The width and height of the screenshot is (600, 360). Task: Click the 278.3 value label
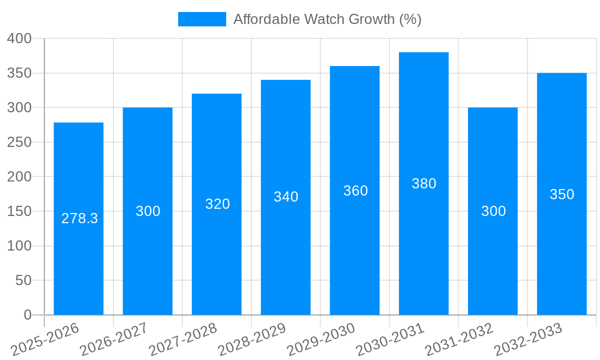[x=79, y=218]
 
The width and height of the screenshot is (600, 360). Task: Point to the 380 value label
[x=424, y=184]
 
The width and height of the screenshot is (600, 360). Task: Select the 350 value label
[x=562, y=194]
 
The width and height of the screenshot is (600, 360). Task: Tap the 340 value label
[x=286, y=197]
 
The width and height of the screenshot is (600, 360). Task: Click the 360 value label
[x=355, y=191]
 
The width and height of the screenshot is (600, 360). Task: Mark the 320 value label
[x=217, y=204]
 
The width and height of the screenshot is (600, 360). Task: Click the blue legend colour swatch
[x=202, y=19]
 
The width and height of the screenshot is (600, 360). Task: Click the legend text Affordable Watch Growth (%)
[x=327, y=19]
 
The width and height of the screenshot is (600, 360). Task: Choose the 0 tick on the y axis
[x=27, y=315]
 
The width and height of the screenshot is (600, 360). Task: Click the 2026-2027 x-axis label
[x=114, y=339]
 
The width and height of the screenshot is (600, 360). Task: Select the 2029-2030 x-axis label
[x=321, y=339]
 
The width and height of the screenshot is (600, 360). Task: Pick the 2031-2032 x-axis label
[x=459, y=339]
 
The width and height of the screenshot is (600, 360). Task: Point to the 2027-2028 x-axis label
[x=183, y=339]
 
